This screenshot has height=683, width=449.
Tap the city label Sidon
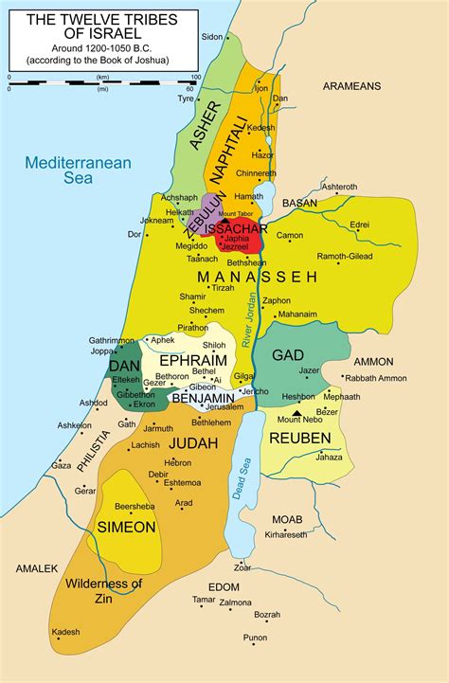[212, 37]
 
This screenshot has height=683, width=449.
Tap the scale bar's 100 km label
[194, 76]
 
